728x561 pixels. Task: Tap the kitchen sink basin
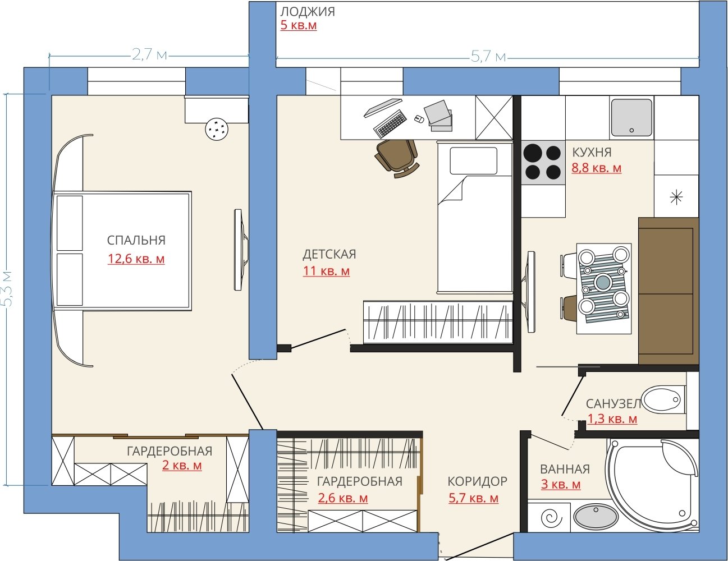tap(631, 118)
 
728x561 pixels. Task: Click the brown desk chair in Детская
tap(397, 158)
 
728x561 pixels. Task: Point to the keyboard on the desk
tap(390, 124)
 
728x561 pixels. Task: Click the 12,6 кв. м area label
tap(136, 259)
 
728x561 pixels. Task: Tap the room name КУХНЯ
tap(592, 152)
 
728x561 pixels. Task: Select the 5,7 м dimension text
tap(488, 57)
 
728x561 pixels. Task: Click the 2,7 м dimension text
tap(149, 54)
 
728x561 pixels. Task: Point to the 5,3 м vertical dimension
tap(8, 288)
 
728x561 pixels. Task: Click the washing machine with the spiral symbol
tap(549, 517)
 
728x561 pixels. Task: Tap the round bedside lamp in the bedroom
tap(217, 129)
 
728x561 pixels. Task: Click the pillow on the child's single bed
tap(473, 160)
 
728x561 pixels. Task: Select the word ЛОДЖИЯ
tap(308, 12)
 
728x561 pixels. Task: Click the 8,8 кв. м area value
tap(596, 168)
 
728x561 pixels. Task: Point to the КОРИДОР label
tap(478, 481)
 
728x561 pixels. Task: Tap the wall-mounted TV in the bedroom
tap(241, 250)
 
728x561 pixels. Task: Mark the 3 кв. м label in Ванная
tap(561, 484)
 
